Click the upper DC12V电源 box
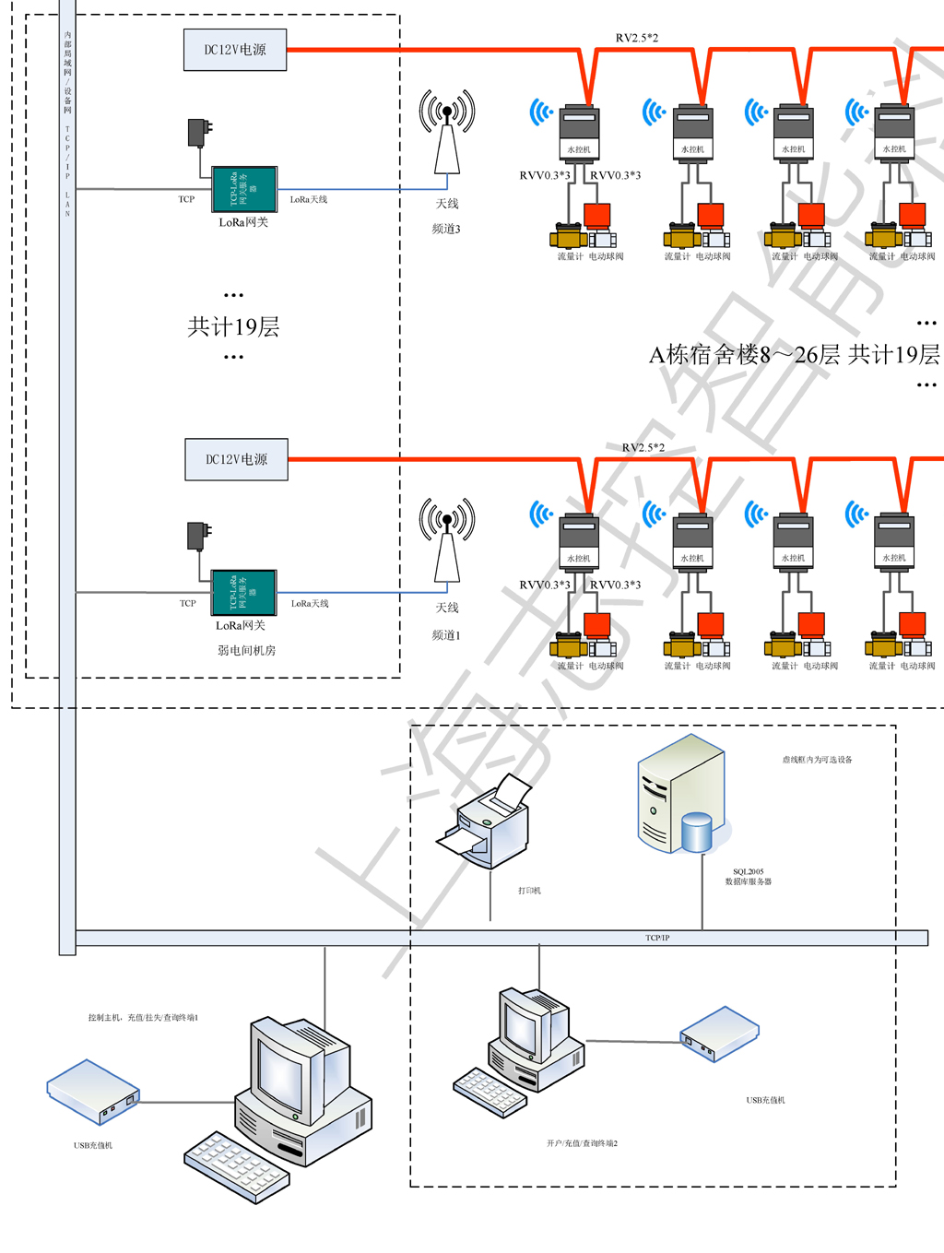(235, 50)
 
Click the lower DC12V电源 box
(236, 459)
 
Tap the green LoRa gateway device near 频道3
(244, 189)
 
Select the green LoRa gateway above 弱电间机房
(243, 593)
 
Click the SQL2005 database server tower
(681, 795)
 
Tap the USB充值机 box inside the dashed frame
(719, 1034)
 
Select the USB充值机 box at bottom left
(93, 1092)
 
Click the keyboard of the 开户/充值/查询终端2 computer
(490, 1093)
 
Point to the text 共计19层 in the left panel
(233, 327)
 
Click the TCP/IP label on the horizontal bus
(657, 938)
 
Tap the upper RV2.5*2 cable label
(637, 38)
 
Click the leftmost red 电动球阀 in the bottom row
(597, 625)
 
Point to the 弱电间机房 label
(246, 650)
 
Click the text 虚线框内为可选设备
(817, 760)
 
